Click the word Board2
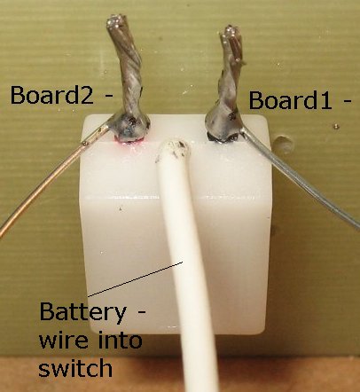52,95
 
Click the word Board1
291,100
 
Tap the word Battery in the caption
83,313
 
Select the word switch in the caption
75,367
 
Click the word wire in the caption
64,340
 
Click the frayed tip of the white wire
174,148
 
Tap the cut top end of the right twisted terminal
231,33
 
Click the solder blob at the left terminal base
129,129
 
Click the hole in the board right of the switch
283,145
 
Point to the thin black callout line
136,278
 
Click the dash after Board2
108,96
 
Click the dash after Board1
347,101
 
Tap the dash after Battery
141,312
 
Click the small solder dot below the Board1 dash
335,127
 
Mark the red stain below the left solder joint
129,145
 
